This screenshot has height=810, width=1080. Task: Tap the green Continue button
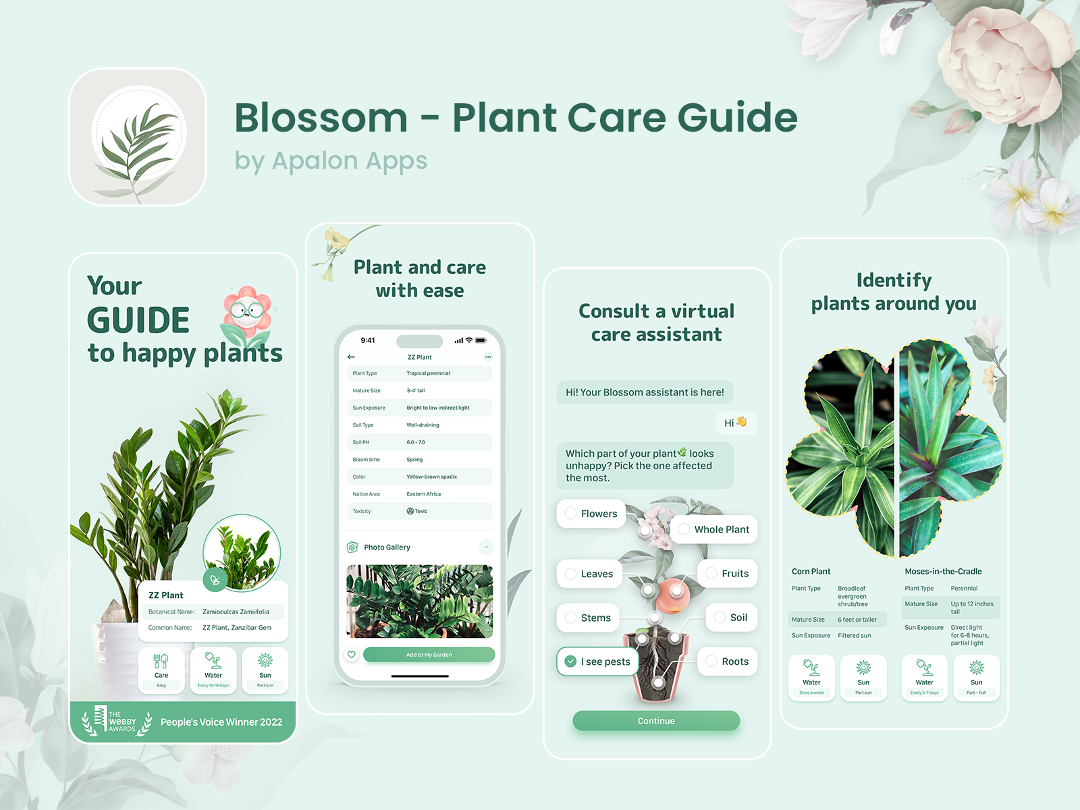655,721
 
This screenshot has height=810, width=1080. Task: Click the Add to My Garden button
429,655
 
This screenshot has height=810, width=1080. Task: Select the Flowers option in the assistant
591,514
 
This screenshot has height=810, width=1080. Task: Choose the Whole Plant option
713,529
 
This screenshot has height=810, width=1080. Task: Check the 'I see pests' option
597,661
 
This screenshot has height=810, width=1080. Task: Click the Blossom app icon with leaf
138,137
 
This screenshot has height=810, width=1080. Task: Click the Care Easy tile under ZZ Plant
161,670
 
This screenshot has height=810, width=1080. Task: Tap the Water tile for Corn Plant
811,678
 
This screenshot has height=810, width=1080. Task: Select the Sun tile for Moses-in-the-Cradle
976,678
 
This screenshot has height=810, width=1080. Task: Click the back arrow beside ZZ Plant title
351,357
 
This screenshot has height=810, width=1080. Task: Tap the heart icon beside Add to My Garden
351,655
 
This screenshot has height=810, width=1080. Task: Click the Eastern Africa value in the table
423,494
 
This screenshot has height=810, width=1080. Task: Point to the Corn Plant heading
811,571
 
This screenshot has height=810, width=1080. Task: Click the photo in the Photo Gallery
419,601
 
